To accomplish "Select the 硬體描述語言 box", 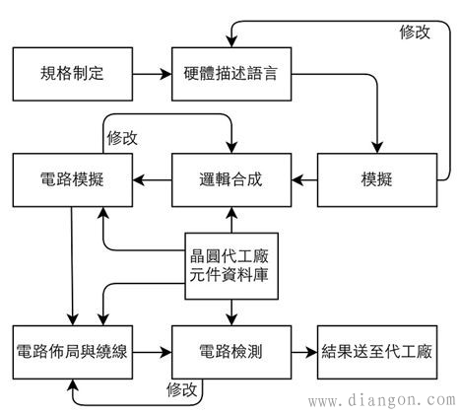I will (x=230, y=73).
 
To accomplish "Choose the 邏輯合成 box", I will (x=230, y=179).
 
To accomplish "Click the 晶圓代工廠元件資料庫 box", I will (x=230, y=266).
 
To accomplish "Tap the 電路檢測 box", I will (x=230, y=351).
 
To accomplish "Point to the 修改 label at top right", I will (x=415, y=32).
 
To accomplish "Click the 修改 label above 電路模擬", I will (x=123, y=137).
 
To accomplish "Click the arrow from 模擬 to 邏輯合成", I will (x=304, y=179).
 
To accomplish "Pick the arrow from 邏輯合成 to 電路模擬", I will (x=153, y=179).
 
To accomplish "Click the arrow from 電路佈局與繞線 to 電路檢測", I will (x=153, y=351).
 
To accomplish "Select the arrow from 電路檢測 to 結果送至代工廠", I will (x=304, y=351).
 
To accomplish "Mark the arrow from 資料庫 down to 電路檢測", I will (x=230, y=312).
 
